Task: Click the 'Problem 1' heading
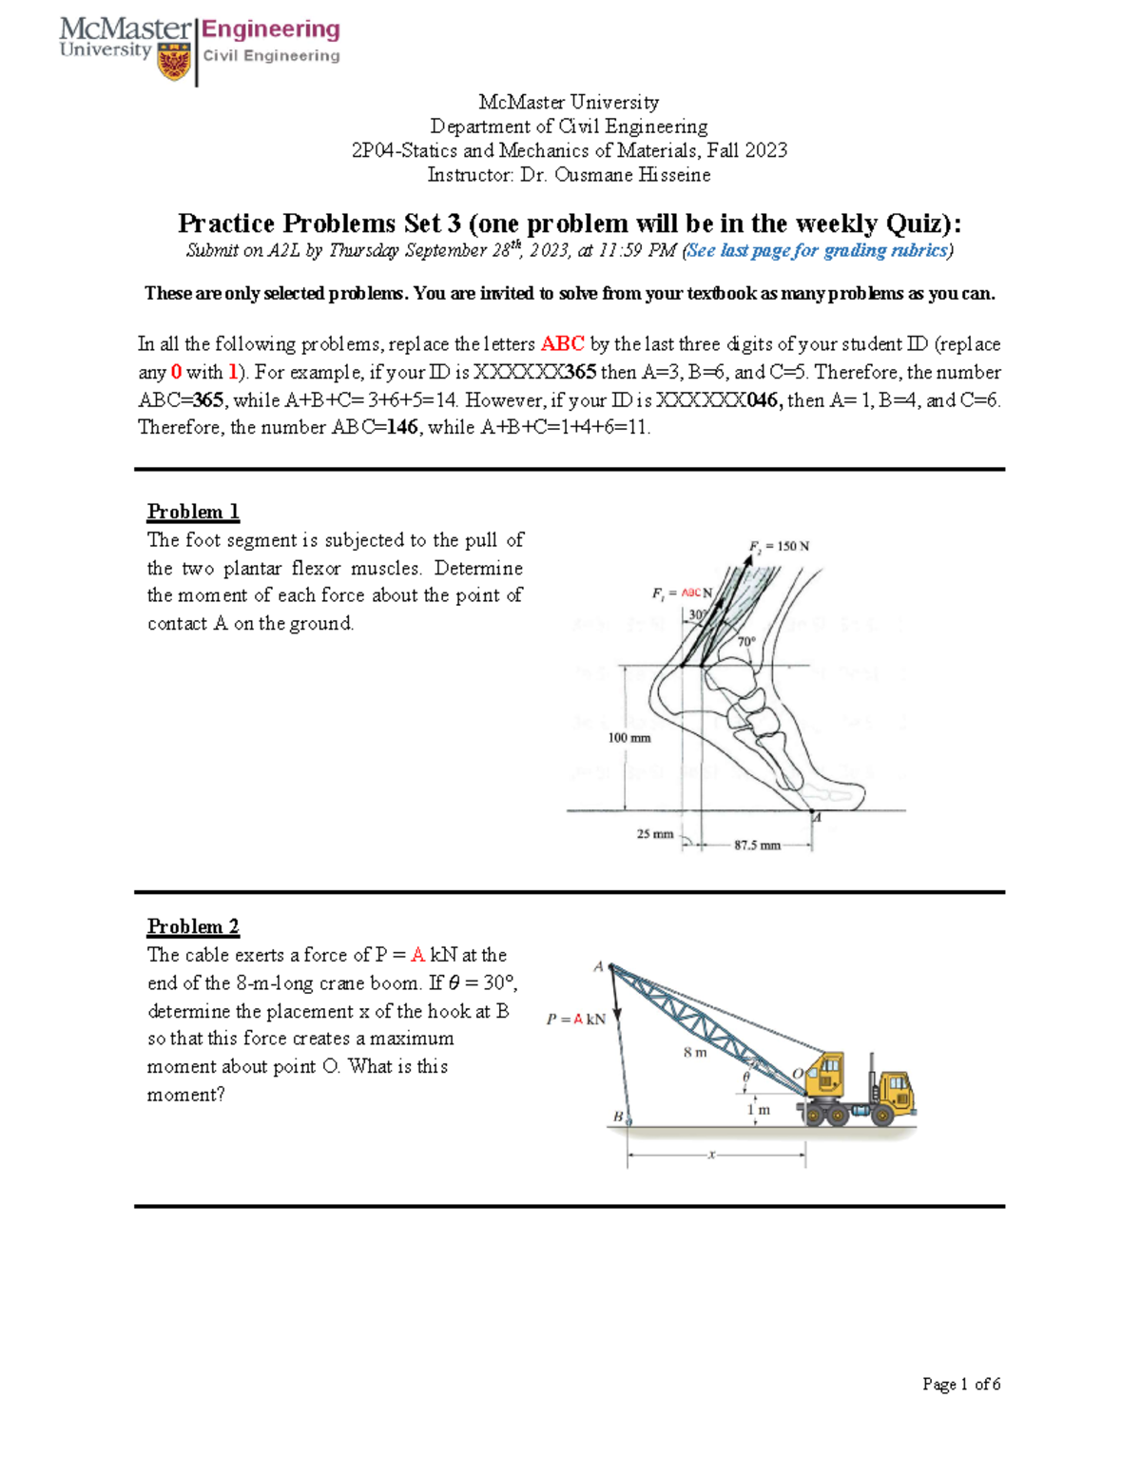[x=193, y=512]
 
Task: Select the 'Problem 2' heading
[x=193, y=926]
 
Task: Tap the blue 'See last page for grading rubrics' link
[x=818, y=250]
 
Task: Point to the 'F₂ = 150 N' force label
[x=779, y=546]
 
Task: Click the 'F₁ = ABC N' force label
[x=682, y=593]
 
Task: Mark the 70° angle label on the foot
[x=746, y=641]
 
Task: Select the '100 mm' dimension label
[x=629, y=738]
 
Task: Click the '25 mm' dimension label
[x=654, y=834]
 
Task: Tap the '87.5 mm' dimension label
[x=757, y=845]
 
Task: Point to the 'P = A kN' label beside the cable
[x=576, y=1019]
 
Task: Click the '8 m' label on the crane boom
[x=695, y=1052]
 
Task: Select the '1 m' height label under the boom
[x=759, y=1109]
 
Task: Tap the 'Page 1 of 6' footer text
[x=960, y=1384]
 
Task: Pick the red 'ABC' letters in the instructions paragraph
[x=562, y=344]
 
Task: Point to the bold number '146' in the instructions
[x=401, y=427]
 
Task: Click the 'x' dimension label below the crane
[x=711, y=1155]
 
